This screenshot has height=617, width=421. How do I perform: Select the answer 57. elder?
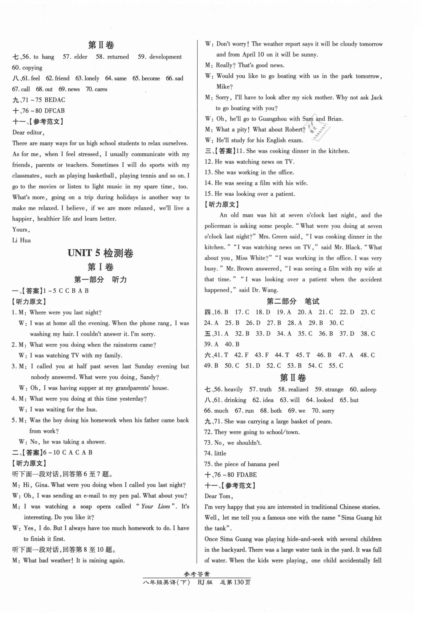[x=75, y=57]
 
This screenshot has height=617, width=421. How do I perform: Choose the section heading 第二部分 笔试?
[x=293, y=301]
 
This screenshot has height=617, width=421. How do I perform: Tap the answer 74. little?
[x=215, y=453]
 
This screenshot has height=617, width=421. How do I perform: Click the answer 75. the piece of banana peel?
[x=242, y=464]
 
